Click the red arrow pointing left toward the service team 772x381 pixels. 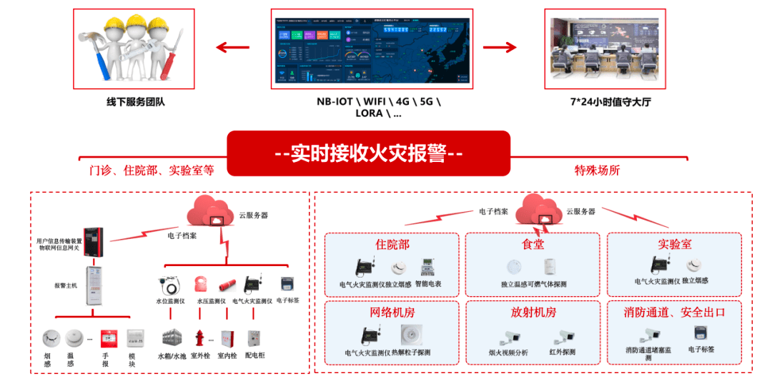coord(233,48)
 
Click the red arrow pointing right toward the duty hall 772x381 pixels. coord(500,48)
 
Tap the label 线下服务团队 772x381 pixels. coord(136,102)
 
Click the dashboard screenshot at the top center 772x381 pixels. coord(371,49)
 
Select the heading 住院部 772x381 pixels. coord(392,245)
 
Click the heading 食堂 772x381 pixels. coord(533,245)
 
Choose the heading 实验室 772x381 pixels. coord(674,245)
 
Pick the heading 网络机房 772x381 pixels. coord(392,313)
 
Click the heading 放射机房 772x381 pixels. coord(533,313)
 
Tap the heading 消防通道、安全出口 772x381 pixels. coord(674,313)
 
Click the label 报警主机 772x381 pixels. coord(66,285)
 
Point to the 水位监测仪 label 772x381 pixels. coord(171,300)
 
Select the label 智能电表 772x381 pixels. coord(428,284)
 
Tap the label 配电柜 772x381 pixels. coord(255,355)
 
